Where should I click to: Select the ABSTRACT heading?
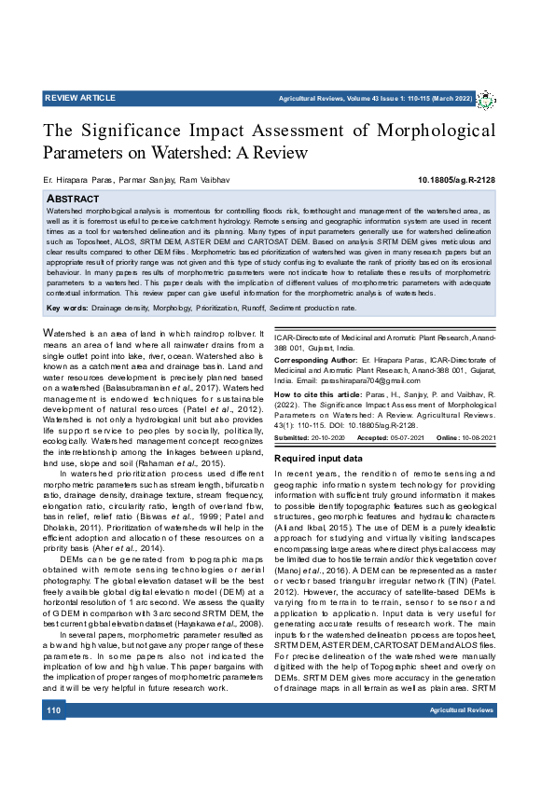pos(73,199)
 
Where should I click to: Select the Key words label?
pos(67,307)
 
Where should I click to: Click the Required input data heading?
pos(318,459)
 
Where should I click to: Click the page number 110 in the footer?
pos(53,737)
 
